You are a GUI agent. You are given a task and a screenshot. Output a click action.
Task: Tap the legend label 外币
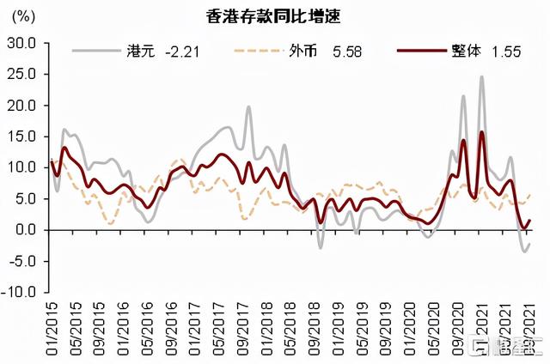click(302, 52)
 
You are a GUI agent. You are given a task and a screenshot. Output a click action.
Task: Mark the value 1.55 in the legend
click(507, 52)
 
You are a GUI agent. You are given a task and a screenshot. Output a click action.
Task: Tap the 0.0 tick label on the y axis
click(25, 229)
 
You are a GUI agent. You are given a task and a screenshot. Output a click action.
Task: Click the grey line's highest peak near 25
click(481, 76)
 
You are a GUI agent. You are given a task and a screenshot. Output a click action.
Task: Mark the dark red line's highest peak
click(481, 132)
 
